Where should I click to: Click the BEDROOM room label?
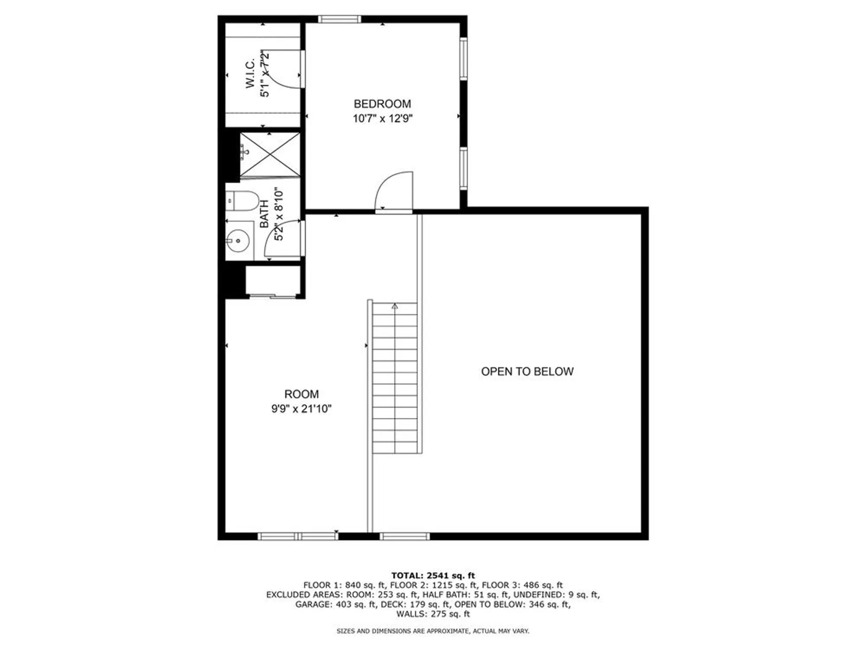pyautogui.click(x=382, y=104)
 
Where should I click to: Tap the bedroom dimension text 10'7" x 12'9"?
pyautogui.click(x=382, y=118)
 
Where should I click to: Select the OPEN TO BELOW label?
pyautogui.click(x=527, y=371)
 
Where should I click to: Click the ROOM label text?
pyautogui.click(x=301, y=394)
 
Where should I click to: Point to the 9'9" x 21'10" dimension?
pyautogui.click(x=301, y=408)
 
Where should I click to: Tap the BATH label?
pyautogui.click(x=264, y=214)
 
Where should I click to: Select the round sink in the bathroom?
pyautogui.click(x=238, y=240)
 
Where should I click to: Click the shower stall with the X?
pyautogui.click(x=270, y=154)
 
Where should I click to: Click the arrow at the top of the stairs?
pyautogui.click(x=394, y=306)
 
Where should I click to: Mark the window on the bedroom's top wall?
pyautogui.click(x=339, y=19)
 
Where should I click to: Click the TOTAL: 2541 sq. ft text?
pyautogui.click(x=433, y=575)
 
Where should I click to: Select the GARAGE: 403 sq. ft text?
pyautogui.click(x=336, y=604)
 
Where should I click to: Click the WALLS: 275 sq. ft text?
pyautogui.click(x=433, y=614)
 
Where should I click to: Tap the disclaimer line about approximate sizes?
pyautogui.click(x=433, y=631)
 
